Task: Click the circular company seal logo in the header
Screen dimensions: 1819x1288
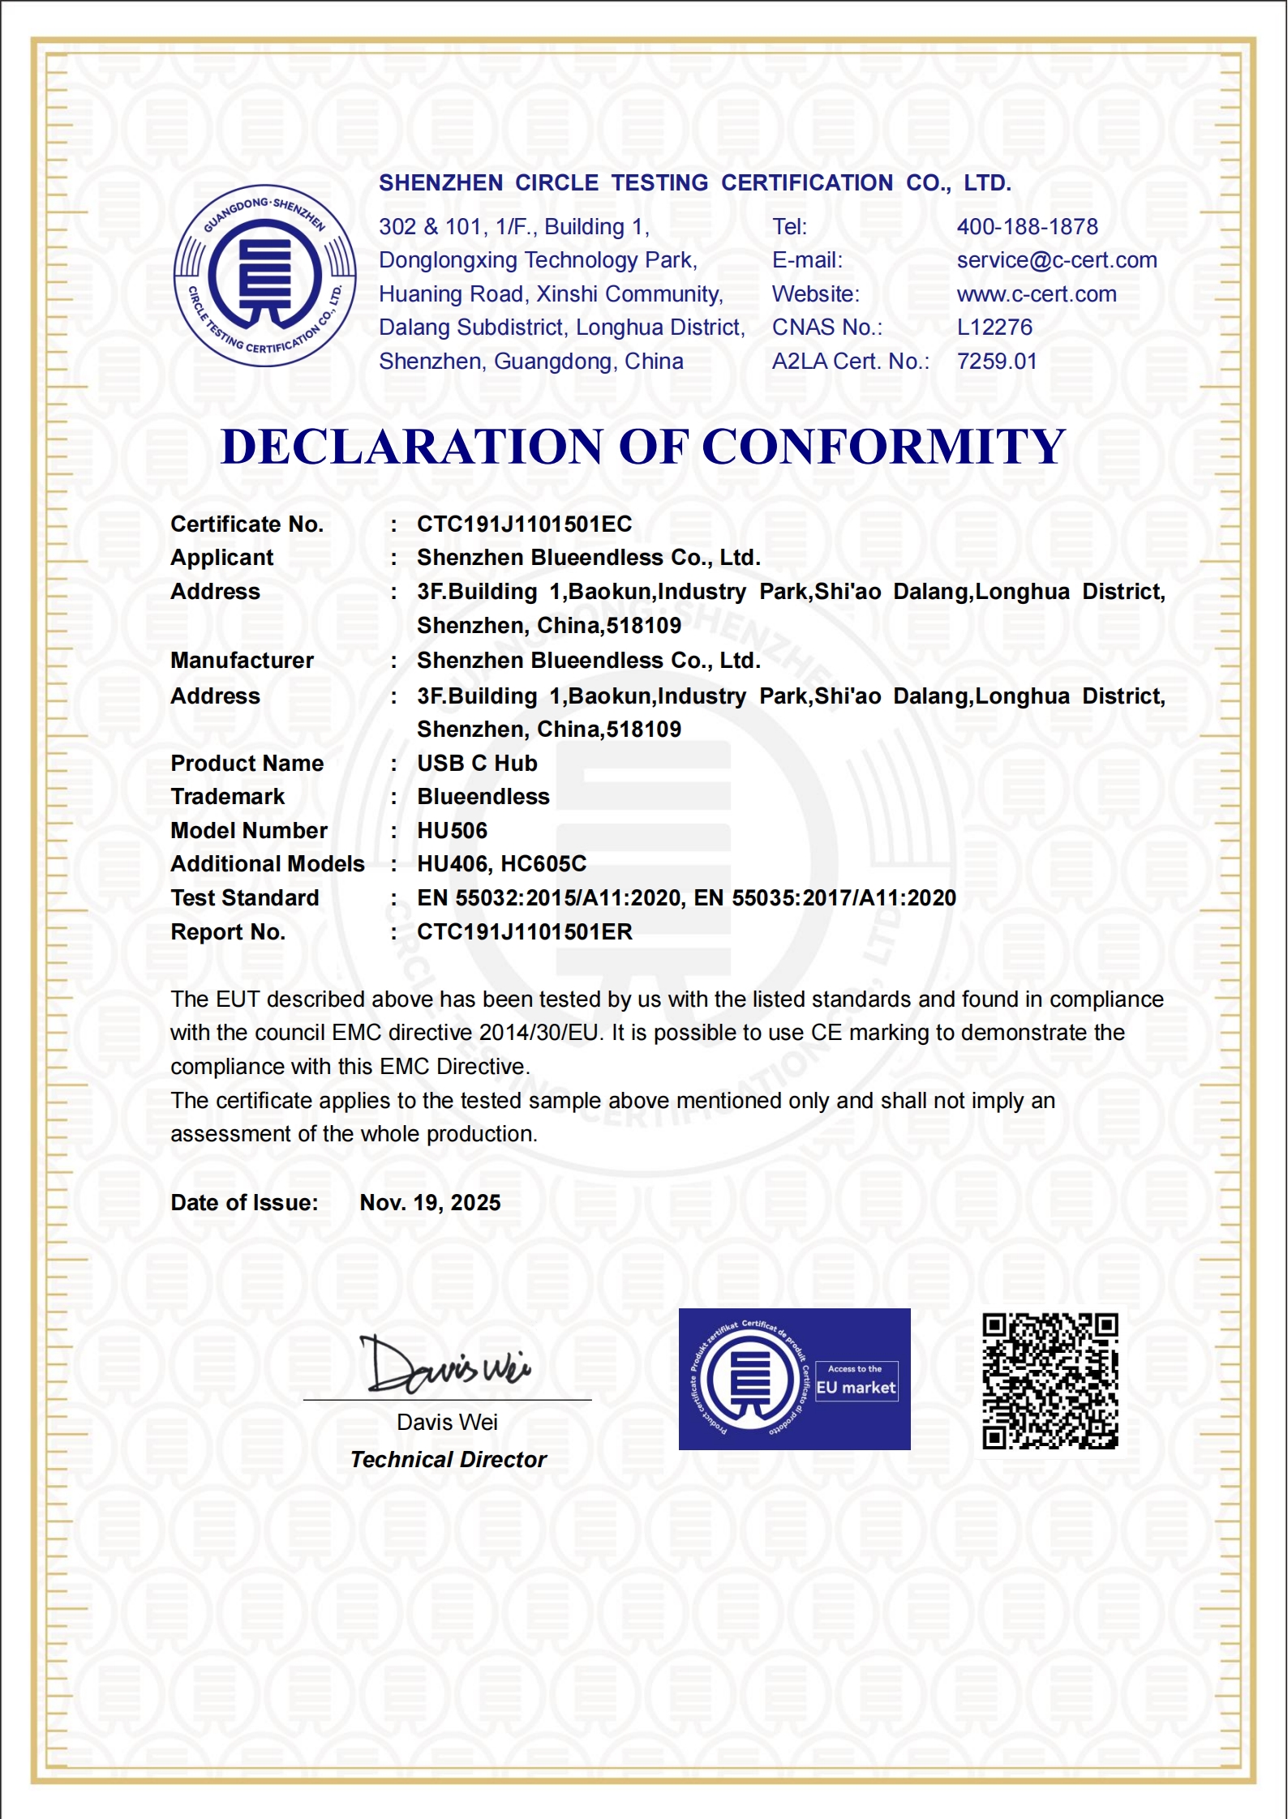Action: coord(265,276)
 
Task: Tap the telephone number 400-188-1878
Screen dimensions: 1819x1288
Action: coord(1027,227)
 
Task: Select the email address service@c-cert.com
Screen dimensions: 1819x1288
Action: coord(1056,260)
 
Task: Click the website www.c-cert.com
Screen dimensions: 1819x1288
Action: coord(1036,294)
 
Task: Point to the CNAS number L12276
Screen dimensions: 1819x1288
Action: coord(994,327)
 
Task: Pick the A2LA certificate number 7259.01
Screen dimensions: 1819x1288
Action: coord(997,362)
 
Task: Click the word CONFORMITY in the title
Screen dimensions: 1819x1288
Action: coord(882,447)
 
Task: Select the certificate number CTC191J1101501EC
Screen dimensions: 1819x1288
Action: coord(524,524)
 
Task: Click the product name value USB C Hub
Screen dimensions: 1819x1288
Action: coord(477,764)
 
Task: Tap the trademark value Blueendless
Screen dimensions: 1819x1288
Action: coord(483,797)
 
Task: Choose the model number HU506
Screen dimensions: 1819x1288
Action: coord(452,831)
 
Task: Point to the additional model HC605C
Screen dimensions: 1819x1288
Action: coord(543,864)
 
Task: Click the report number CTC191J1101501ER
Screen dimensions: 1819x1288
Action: coord(524,932)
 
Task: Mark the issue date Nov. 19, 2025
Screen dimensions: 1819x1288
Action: coord(430,1203)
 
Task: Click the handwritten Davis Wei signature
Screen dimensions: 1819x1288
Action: coord(446,1366)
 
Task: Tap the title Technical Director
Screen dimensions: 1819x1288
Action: coord(449,1460)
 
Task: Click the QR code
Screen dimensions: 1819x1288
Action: coord(1050,1381)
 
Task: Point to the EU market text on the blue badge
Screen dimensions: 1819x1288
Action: coord(856,1388)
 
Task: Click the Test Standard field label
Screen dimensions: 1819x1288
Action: coord(244,898)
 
